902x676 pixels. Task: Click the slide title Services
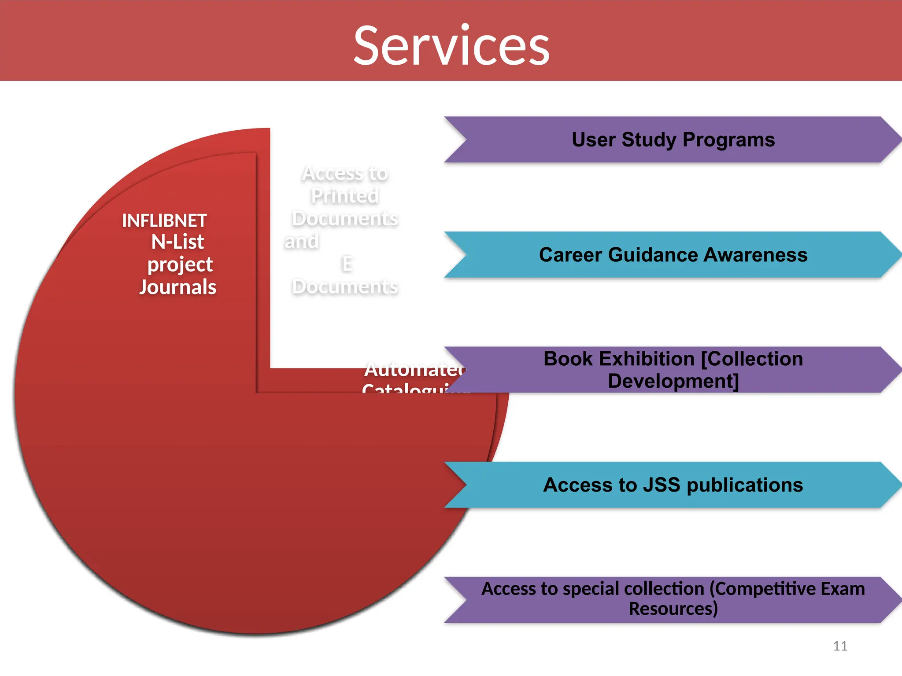451,46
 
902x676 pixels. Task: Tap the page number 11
840,646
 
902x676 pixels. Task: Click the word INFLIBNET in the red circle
164,220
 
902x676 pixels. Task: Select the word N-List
177,242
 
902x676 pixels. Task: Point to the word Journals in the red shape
177,287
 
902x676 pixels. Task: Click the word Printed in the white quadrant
345,196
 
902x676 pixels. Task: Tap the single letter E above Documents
347,264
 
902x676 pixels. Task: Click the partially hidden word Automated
414,369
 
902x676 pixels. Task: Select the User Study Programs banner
673,140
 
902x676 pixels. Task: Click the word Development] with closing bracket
673,381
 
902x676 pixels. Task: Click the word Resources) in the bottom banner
673,609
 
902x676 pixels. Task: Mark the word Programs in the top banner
728,140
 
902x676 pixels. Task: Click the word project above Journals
180,264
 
